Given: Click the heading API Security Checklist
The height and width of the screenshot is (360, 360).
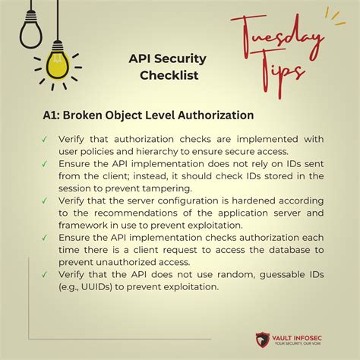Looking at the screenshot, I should pos(168,67).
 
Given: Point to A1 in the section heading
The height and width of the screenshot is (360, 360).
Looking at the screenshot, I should pos(52,115).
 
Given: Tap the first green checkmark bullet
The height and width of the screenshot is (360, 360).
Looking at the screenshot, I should pos(46,139).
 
